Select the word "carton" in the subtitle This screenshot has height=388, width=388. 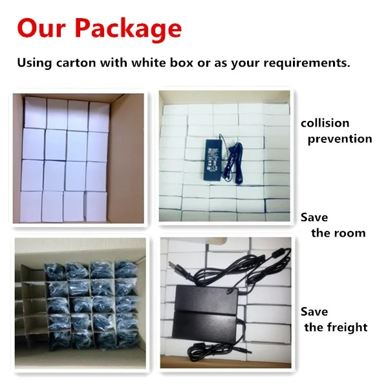pyautogui.click(x=76, y=63)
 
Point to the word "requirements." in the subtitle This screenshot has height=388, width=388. pyautogui.click(x=307, y=63)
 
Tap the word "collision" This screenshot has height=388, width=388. pyautogui.click(x=325, y=124)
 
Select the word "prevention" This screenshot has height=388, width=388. pyautogui.click(x=339, y=139)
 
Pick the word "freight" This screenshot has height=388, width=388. pyautogui.click(x=347, y=328)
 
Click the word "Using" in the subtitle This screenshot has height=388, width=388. pyautogui.click(x=34, y=63)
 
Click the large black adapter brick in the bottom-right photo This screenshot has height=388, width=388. pyautogui.click(x=206, y=313)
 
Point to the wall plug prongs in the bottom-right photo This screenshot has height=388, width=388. pyautogui.click(x=173, y=264)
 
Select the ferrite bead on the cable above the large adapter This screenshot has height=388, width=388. pyautogui.click(x=277, y=254)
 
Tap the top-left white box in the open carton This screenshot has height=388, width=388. pyautogui.click(x=35, y=113)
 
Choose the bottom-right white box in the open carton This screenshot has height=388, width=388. pyautogui.click(x=96, y=206)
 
